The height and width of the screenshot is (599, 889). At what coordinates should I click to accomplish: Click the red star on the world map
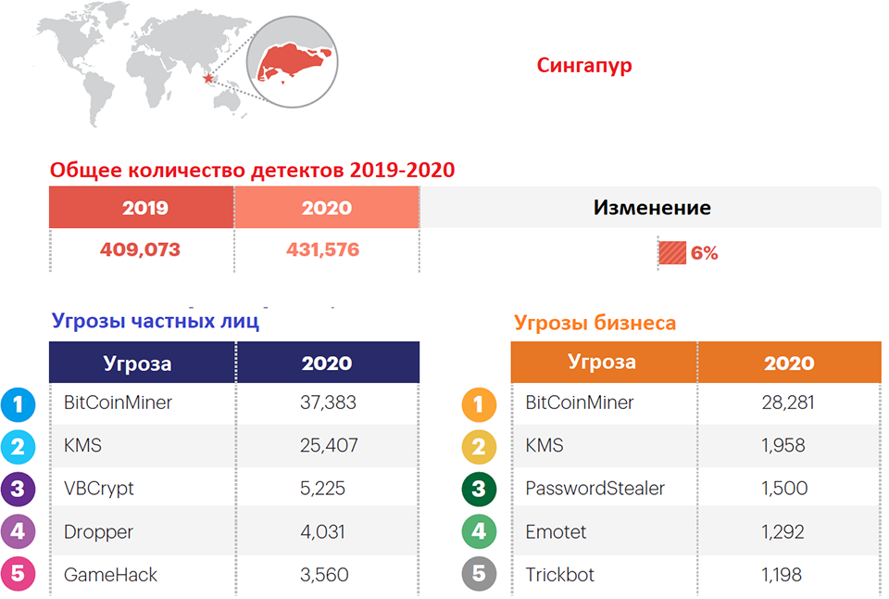208,79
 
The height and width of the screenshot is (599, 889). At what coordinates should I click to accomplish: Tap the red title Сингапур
584,66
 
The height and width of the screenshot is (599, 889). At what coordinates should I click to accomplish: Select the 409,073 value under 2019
140,249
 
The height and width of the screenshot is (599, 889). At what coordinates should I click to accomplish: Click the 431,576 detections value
322,249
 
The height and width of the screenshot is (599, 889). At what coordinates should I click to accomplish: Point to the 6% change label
704,253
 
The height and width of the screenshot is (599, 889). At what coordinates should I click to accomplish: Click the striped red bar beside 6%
672,252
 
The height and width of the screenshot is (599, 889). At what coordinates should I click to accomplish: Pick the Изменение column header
652,208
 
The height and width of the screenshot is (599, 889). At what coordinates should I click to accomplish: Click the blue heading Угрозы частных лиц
156,322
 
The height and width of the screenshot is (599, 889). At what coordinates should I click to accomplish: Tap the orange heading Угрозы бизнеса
595,323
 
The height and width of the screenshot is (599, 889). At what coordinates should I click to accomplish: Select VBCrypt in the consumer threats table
99,489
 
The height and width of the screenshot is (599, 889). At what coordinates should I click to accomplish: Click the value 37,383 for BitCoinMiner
328,402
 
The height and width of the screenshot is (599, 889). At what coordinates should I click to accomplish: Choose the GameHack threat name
110,575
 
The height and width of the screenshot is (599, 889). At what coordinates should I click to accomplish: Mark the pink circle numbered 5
19,574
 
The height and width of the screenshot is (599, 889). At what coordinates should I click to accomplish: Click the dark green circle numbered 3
479,489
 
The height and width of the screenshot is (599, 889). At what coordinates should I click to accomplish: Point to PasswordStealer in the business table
595,489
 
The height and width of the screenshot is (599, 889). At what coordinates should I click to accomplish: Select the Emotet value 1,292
783,532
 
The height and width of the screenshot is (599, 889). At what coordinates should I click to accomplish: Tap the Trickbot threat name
559,575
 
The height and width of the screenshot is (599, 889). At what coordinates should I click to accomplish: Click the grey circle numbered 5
479,574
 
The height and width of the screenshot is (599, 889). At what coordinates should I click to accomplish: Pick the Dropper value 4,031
322,532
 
